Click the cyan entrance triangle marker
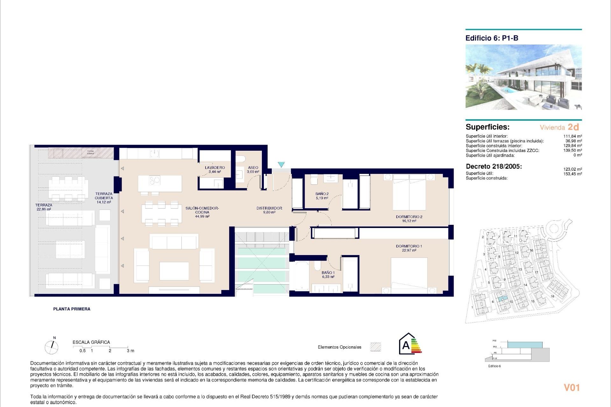coord(281,164)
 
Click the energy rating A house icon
coord(410,344)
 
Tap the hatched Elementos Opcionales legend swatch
coord(376,347)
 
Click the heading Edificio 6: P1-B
coord(492,38)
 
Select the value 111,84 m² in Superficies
coord(572,136)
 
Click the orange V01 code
coord(572,388)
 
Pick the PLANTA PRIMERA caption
coord(72,309)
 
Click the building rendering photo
coord(523,77)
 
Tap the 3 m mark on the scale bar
coord(130,351)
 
